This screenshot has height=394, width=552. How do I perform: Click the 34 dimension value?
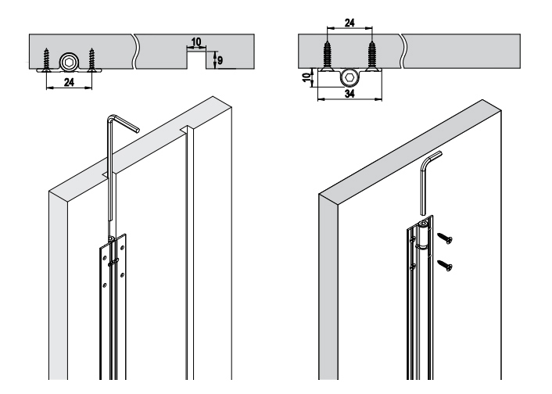point(349,94)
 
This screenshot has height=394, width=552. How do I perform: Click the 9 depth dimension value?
point(220,60)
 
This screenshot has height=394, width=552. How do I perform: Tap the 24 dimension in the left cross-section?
point(69,82)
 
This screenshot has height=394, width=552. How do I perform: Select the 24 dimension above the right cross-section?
point(349,23)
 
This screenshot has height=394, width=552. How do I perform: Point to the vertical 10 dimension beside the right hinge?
point(307,77)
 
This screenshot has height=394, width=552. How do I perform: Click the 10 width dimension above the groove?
point(196,42)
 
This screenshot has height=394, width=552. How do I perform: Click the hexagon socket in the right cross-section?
point(349,78)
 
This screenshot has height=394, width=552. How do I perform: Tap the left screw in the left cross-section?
point(46,60)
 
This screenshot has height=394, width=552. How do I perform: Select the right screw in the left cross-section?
point(91,60)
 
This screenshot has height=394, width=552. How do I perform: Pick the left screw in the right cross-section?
point(328,56)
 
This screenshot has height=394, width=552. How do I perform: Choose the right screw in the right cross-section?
point(371,56)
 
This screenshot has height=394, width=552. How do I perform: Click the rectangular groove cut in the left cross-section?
point(196,60)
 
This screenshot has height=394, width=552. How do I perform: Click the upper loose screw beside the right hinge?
point(445,238)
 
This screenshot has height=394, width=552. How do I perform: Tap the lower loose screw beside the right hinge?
point(445,266)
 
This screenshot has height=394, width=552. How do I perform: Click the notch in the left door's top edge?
point(185,129)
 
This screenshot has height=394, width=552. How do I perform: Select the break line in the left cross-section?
point(134,52)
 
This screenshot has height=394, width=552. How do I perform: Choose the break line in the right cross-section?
point(403,51)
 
